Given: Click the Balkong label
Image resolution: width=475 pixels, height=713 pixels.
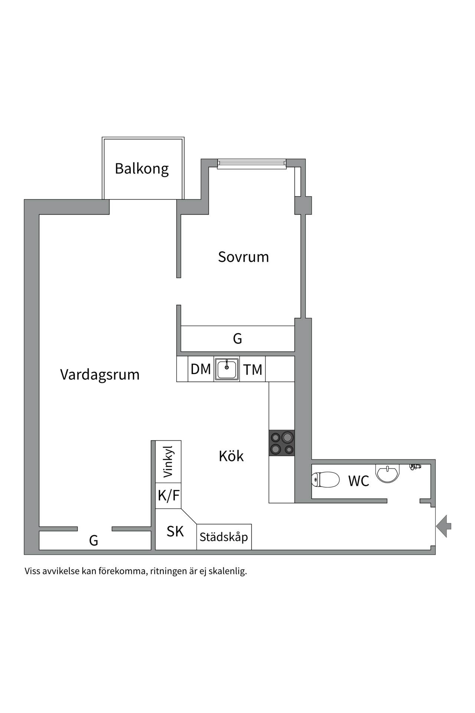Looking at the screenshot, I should point(142,169).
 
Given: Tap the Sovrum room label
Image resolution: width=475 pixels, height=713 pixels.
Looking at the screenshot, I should point(243,257).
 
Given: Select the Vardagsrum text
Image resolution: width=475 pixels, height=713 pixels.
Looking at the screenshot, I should point(100,374).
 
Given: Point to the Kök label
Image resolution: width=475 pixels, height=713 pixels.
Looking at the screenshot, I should point(231,456).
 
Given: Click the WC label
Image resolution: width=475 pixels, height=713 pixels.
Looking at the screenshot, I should point(358,481).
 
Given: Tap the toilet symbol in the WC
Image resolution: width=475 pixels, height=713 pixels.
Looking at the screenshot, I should point(325,479).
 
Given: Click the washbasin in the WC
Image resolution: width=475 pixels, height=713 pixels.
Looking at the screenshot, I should point(387,473).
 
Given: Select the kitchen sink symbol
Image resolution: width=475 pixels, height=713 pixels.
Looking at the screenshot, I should point(226,369).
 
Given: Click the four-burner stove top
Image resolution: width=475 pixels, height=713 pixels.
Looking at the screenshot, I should point(282,443).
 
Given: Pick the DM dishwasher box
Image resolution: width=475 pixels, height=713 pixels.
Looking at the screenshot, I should point(201,369).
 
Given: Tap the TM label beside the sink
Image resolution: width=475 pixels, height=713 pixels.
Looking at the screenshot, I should point(253,369).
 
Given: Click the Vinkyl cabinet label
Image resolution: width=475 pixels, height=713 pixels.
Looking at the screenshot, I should point(168,462).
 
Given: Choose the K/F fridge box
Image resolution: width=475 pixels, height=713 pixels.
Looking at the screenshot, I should point(168,495).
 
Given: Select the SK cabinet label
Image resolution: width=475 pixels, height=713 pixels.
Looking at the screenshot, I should point(175,531).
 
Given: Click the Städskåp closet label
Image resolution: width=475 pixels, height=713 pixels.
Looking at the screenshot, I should point(224,537).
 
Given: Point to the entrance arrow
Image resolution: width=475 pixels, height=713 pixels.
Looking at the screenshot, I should point(444,526).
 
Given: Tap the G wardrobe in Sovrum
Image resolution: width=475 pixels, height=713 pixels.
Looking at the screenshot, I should point(237,338).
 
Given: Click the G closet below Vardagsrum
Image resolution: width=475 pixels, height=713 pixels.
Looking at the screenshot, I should point(94,540).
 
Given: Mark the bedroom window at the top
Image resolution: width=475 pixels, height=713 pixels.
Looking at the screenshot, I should point(252,164).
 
